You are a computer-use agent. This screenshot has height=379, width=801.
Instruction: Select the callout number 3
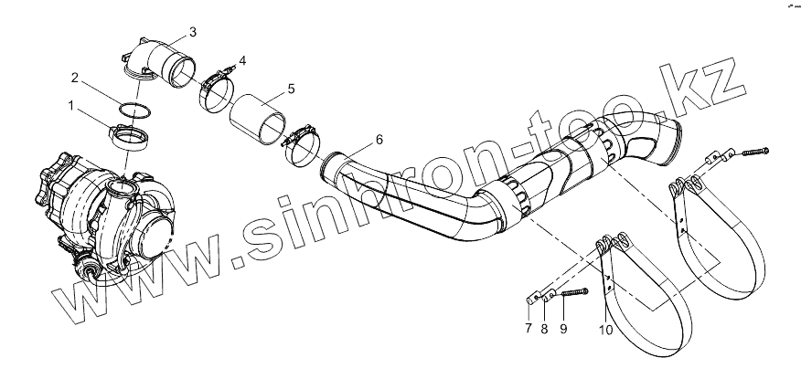tap(192, 32)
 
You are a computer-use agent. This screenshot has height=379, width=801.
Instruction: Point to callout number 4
tap(241, 61)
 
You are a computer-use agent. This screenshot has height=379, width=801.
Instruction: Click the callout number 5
tap(291, 89)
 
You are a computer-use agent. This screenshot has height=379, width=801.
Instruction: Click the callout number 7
tap(528, 330)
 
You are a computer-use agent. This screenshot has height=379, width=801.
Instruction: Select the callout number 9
tap(563, 330)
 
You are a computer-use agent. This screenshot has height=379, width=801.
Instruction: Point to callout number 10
tap(604, 330)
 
